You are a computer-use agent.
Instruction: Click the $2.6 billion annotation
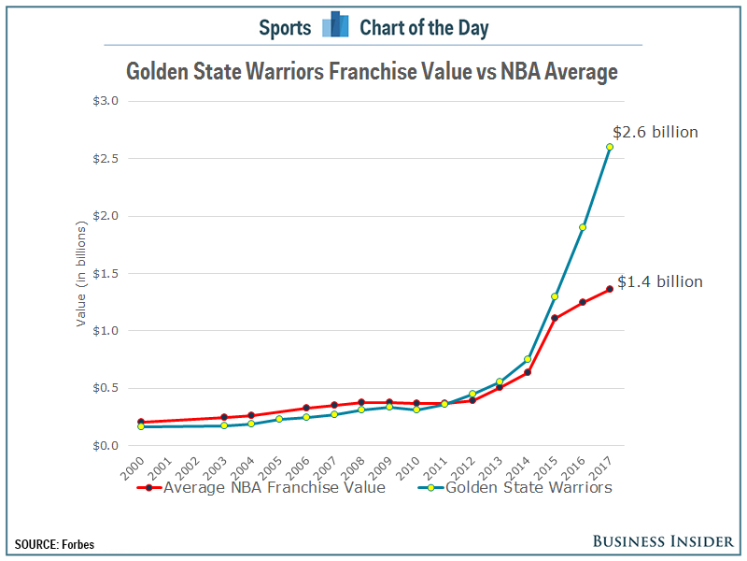(x=655, y=133)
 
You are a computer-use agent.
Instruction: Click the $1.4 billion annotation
(x=659, y=281)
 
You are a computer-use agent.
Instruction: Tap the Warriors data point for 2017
(x=610, y=147)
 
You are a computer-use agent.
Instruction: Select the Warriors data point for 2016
(x=582, y=227)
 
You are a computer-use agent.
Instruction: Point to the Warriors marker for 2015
(x=555, y=296)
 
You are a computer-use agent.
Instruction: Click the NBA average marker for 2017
(x=610, y=289)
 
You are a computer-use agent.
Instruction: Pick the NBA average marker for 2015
(x=555, y=318)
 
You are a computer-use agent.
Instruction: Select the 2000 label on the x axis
(x=134, y=467)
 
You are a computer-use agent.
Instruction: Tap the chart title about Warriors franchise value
(x=372, y=72)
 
